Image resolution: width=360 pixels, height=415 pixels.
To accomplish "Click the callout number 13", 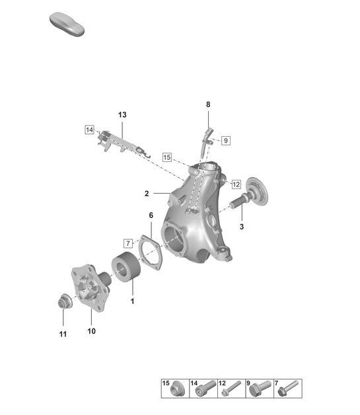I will click(122, 115).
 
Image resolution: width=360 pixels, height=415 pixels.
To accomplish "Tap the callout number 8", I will click(208, 104).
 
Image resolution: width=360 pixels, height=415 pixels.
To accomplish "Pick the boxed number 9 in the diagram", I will click(225, 140).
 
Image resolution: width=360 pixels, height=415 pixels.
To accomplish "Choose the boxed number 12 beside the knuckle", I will click(236, 183).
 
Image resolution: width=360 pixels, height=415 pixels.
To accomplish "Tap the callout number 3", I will click(242, 226).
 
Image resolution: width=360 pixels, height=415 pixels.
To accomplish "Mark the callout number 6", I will click(151, 215).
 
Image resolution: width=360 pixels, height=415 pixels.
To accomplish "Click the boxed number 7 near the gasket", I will click(128, 243).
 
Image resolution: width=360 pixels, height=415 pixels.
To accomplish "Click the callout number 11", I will click(62, 334).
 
